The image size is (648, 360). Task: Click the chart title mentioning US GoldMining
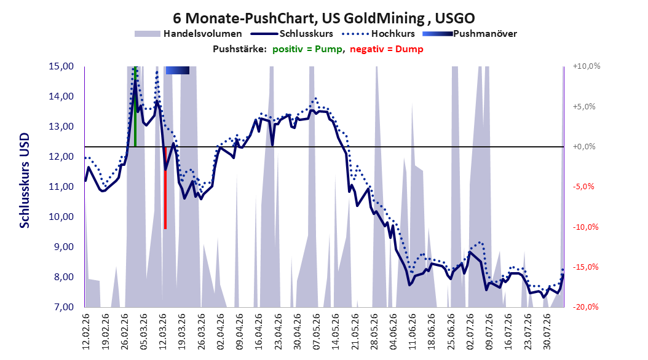pyautogui.click(x=323, y=18)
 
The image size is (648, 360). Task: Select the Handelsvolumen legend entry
pyautogui.click(x=189, y=34)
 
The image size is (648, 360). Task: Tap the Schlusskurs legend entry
pyautogui.click(x=292, y=34)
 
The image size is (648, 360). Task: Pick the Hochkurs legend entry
pyautogui.click(x=379, y=34)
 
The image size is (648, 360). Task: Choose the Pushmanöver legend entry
pyautogui.click(x=470, y=34)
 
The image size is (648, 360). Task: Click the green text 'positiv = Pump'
pyautogui.click(x=307, y=49)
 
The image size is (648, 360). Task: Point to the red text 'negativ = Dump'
pyautogui.click(x=387, y=49)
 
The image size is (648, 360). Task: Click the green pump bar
pyautogui.click(x=135, y=106)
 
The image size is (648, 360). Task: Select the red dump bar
pyautogui.click(x=165, y=188)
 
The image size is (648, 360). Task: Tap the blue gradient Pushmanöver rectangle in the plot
pyautogui.click(x=178, y=70)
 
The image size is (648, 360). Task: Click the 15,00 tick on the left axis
pyautogui.click(x=61, y=66)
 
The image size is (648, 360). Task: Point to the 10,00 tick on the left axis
pyautogui.click(x=61, y=217)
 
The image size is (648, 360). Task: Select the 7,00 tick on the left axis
pyautogui.click(x=61, y=307)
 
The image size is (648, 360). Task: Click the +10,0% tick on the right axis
pyautogui.click(x=587, y=66)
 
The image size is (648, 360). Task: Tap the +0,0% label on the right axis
pyautogui.click(x=584, y=147)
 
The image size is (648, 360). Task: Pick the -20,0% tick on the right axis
pyautogui.click(x=585, y=307)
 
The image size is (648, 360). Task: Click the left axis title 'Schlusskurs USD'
pyautogui.click(x=25, y=181)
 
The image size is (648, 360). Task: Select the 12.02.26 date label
pyautogui.click(x=86, y=332)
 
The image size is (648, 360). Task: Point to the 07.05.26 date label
pyautogui.click(x=317, y=332)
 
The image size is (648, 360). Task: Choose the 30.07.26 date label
pyautogui.click(x=547, y=332)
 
